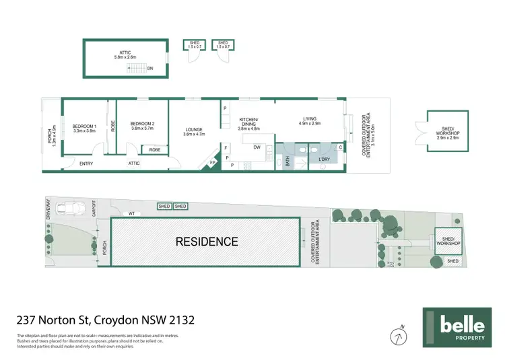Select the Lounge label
[193, 132]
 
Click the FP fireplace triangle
[213, 164]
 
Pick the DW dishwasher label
[257, 147]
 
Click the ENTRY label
[86, 164]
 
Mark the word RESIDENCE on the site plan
[207, 242]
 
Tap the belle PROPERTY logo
[455, 328]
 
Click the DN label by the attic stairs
[150, 69]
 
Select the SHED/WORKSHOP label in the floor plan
[448, 131]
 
